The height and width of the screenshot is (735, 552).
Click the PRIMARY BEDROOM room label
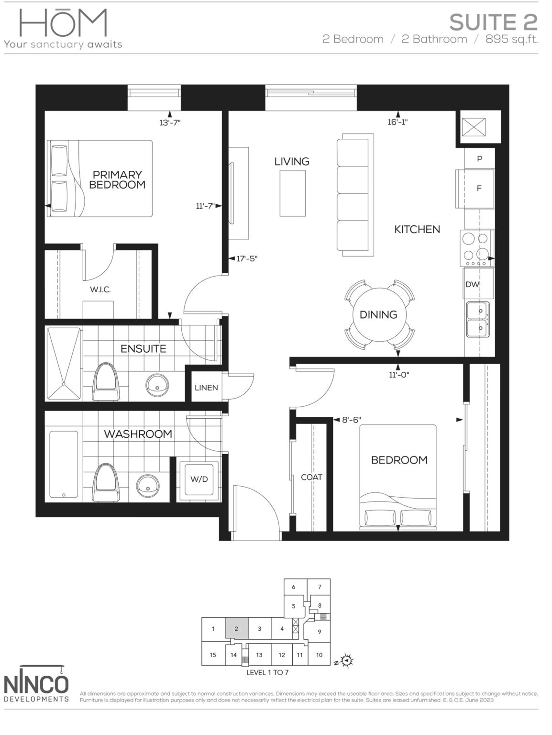pos(117,180)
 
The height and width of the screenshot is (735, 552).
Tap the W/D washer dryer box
pos(199,479)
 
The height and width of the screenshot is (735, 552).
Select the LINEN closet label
pos(206,388)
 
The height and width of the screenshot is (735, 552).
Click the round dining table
pos(378,314)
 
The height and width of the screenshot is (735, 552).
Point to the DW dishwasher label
pos(473,284)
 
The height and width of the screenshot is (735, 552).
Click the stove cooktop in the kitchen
pos(476,248)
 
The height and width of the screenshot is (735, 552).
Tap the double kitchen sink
pos(477,319)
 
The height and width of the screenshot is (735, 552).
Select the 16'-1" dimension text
pos(397,122)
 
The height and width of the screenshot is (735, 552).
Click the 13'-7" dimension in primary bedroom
pos(170,122)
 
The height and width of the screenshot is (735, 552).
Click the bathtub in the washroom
pos(64,465)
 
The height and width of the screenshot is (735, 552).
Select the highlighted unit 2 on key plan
pos(236,629)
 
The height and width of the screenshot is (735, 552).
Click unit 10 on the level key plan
pos(319,655)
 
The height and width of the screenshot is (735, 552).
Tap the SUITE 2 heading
pos(493,22)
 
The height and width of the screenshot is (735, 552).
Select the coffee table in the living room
pos(292,193)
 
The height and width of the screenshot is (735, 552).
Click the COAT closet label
pos(311,477)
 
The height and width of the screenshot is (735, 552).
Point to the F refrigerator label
pos(479,189)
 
